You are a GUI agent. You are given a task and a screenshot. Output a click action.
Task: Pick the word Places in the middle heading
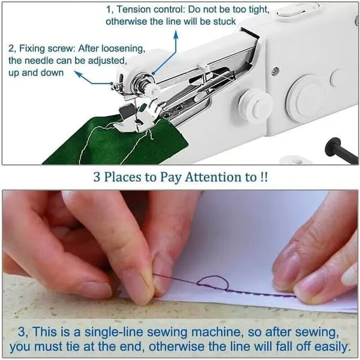tap(127, 178)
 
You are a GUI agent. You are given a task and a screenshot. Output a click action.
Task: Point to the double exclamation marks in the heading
tap(263, 178)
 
